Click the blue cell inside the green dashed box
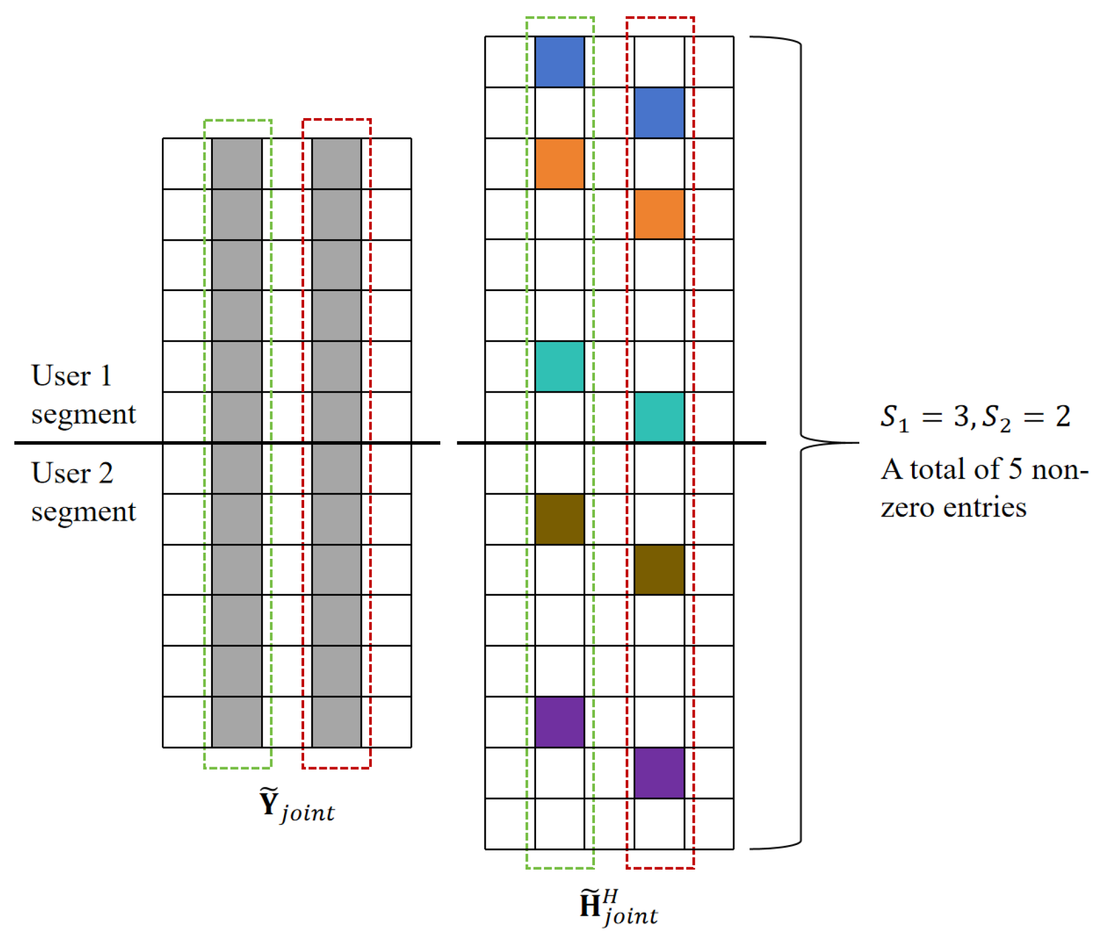click(559, 62)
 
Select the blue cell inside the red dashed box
click(659, 113)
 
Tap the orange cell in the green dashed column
click(559, 164)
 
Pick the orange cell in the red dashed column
click(659, 214)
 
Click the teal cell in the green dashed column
click(559, 367)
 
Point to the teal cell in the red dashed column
click(659, 417)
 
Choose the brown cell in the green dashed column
click(559, 519)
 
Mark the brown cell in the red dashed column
click(659, 569)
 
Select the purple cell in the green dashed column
click(559, 722)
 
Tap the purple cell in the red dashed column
click(659, 773)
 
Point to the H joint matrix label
click(618, 907)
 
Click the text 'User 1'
click(72, 375)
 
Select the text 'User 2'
click(72, 473)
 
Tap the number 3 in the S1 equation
click(961, 416)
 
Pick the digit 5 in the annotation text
click(1015, 469)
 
